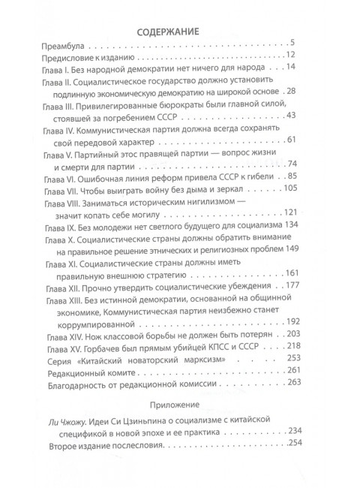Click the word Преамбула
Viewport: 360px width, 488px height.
pos(67,50)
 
